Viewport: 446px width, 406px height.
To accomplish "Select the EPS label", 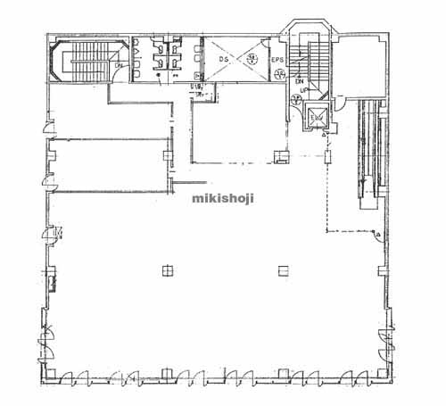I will coord(277,61).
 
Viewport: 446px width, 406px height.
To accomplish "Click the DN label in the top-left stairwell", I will coord(118,65).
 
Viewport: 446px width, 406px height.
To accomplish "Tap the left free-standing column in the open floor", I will coord(166,269).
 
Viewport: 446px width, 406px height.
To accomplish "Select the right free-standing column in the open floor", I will coord(283,269).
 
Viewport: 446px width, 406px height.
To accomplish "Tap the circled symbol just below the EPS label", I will coord(278,75).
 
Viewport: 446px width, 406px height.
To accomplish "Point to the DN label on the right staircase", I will coord(299,81).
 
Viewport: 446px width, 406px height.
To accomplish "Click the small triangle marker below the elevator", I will coord(324,133).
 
